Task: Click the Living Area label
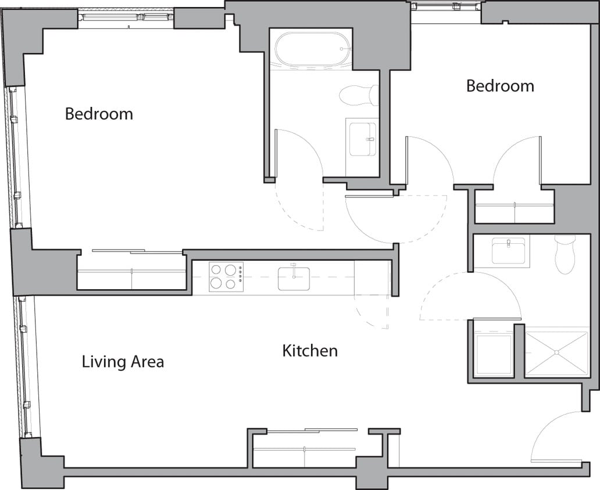click(123, 362)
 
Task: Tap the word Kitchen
click(310, 351)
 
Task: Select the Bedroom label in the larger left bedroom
click(99, 114)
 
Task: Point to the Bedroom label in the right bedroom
click(500, 86)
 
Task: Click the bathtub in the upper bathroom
click(312, 49)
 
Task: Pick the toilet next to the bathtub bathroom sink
click(359, 95)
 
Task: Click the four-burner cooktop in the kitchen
click(226, 276)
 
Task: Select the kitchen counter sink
click(294, 278)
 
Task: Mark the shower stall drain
click(556, 352)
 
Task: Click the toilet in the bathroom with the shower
click(565, 254)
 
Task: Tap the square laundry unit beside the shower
click(494, 354)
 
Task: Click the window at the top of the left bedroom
click(126, 17)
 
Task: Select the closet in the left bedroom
click(132, 272)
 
